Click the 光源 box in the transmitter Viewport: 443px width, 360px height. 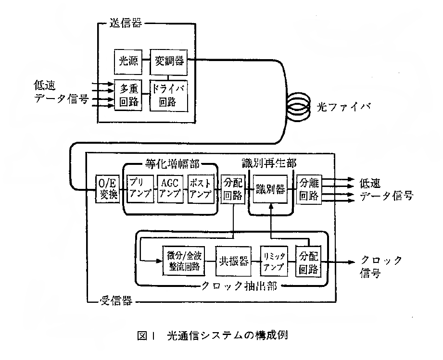pos(128,61)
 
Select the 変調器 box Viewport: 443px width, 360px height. pos(167,61)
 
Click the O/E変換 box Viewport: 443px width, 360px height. pos(107,189)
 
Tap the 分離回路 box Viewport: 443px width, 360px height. pos(308,189)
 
